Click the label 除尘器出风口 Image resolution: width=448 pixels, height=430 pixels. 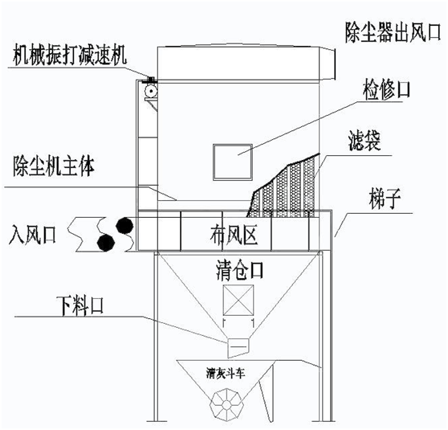click(x=393, y=32)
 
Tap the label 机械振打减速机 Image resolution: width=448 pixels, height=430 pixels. click(x=69, y=55)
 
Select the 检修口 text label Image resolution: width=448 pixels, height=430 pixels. click(x=386, y=90)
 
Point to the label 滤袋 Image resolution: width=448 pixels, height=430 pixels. click(x=365, y=141)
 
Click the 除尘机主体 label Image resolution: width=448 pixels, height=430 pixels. click(x=54, y=166)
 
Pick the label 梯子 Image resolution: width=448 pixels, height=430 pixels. click(x=385, y=199)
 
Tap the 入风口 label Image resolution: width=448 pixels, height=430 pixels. click(x=32, y=234)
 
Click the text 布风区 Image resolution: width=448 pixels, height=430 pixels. click(x=234, y=235)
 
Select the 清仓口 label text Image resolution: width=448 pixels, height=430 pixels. click(x=239, y=271)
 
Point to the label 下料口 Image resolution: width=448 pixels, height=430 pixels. click(x=80, y=306)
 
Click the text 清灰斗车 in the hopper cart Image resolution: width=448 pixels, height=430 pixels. click(x=226, y=374)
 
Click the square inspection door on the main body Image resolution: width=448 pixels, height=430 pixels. click(x=233, y=162)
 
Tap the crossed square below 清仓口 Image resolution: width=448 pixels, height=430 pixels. click(x=238, y=300)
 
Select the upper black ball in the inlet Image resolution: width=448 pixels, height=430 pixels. click(x=124, y=226)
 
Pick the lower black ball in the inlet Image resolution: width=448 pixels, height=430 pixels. click(x=106, y=243)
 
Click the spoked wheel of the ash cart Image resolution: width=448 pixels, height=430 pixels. click(x=227, y=404)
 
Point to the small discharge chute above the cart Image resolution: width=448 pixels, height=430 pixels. click(x=238, y=347)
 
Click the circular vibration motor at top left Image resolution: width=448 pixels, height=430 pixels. click(x=151, y=92)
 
